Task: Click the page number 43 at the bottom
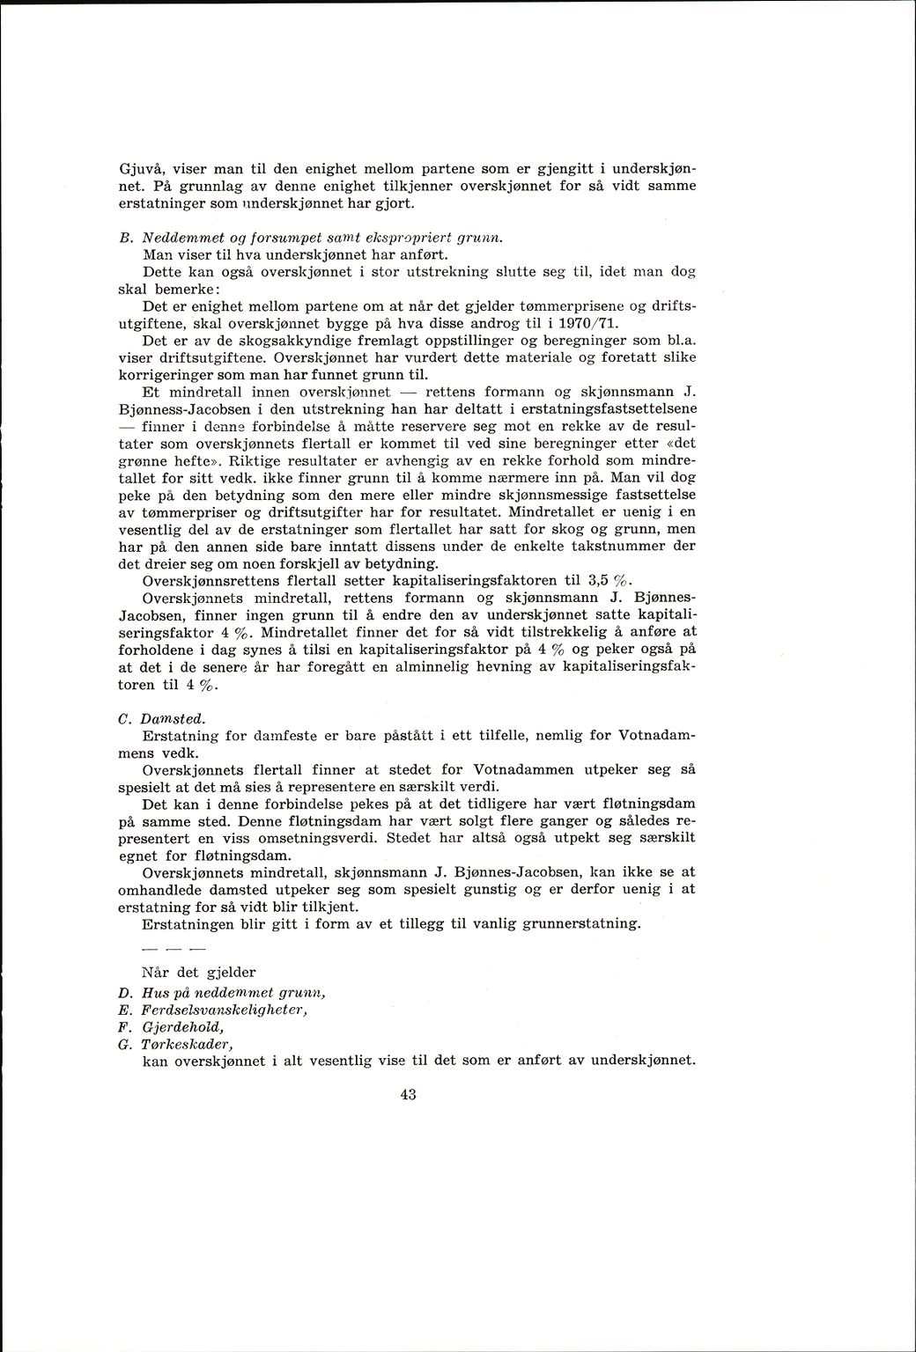(x=407, y=1095)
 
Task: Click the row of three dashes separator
(x=173, y=952)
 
